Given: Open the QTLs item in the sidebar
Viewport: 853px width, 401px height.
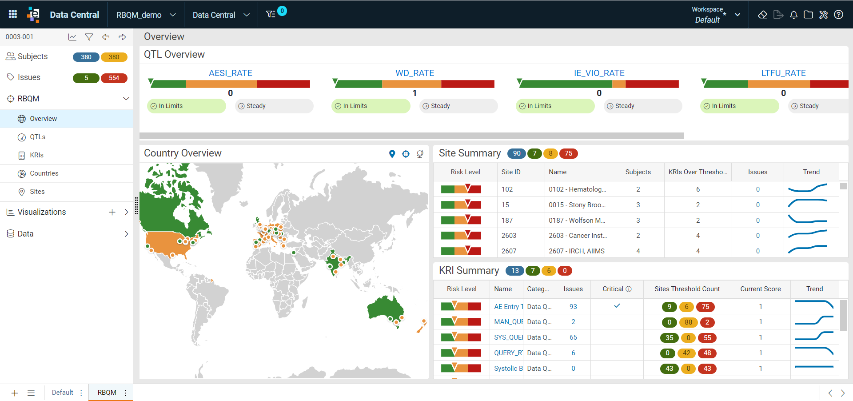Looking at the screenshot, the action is tap(37, 137).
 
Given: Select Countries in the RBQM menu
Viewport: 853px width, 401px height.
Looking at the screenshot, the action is tap(44, 173).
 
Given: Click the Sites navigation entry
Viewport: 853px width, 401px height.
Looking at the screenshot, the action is tap(37, 192).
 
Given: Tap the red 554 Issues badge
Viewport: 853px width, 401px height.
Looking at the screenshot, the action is tap(114, 78).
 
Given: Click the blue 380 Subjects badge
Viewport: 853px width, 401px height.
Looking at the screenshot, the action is tap(86, 57).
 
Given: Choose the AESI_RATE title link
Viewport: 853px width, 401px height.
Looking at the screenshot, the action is tap(231, 73).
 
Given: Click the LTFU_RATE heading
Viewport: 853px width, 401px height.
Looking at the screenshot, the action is tap(783, 73).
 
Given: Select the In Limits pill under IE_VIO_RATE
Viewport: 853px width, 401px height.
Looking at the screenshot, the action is tap(555, 106).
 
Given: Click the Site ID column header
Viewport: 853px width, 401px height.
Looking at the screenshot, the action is tap(511, 172).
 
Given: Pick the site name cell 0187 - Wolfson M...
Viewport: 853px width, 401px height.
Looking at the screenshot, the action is tap(577, 221).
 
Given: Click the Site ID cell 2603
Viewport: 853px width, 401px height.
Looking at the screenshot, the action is tap(509, 236).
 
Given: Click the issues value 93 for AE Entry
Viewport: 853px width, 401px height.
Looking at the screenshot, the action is tap(573, 307).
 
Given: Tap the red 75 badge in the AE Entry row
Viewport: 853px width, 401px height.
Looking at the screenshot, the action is tap(706, 307).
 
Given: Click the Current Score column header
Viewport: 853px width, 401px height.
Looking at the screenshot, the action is tap(760, 289).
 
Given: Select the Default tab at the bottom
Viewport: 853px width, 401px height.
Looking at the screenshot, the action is tap(63, 393).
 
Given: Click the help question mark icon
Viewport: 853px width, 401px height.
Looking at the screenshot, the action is tap(838, 15).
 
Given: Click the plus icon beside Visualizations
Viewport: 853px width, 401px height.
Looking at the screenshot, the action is tap(112, 212).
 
